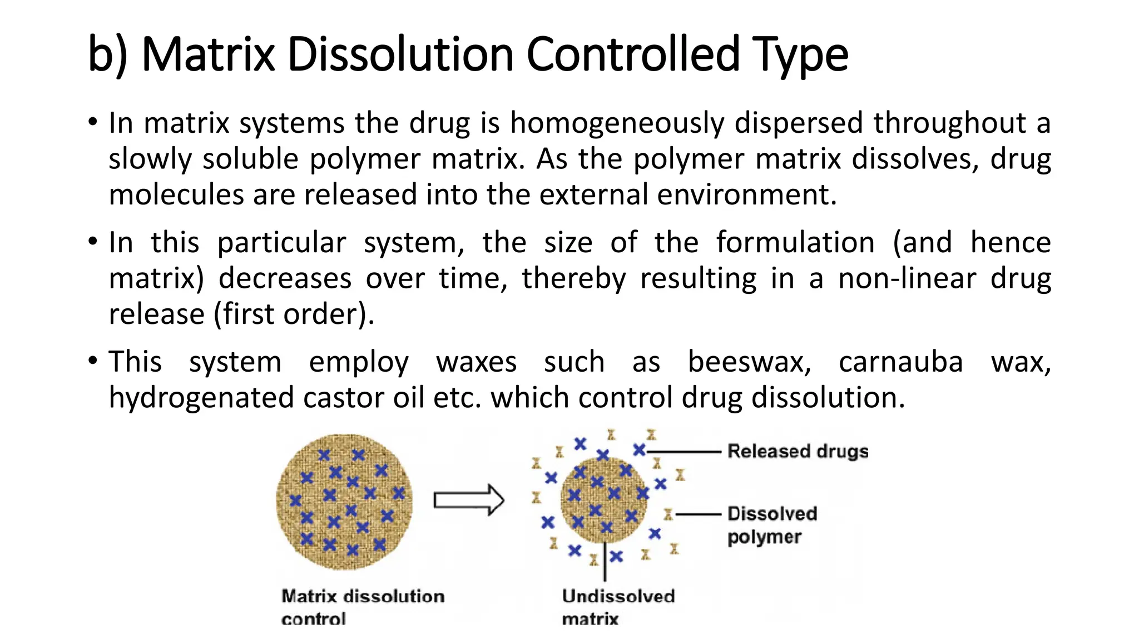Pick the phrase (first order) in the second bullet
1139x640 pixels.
pyautogui.click(x=294, y=314)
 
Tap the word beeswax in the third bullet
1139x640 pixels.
pyautogui.click(x=749, y=362)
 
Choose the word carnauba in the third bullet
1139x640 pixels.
pyautogui.click(x=900, y=362)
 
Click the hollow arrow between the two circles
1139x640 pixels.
pyautogui.click(x=468, y=500)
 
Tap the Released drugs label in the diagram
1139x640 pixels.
pyautogui.click(x=798, y=451)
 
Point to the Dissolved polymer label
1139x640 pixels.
pyautogui.click(x=772, y=525)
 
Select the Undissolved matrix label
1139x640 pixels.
pyautogui.click(x=618, y=607)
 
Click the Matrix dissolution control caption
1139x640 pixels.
pyautogui.click(x=363, y=607)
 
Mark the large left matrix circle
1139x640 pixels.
pyautogui.click(x=344, y=502)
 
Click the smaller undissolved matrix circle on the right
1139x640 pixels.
pyautogui.click(x=604, y=500)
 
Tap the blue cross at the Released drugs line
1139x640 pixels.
pyautogui.click(x=639, y=450)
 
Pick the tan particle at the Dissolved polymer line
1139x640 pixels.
pyautogui.click(x=668, y=515)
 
